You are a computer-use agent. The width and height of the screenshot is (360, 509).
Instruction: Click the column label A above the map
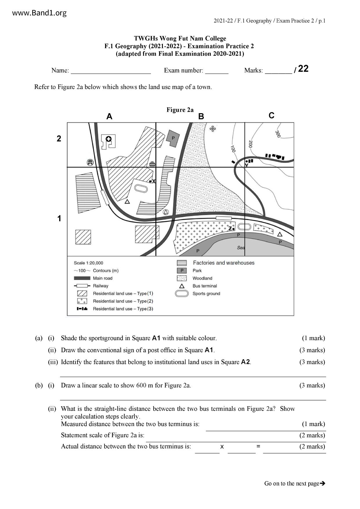(x=109, y=117)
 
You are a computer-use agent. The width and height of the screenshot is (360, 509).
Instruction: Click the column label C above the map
(x=271, y=115)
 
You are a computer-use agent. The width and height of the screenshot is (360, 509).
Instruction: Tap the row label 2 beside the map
(x=59, y=139)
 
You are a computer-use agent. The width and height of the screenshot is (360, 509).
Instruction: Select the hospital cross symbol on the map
(x=109, y=139)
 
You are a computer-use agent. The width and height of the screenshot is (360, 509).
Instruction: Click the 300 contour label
(x=278, y=134)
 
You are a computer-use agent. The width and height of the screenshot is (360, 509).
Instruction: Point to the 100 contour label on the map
(x=233, y=149)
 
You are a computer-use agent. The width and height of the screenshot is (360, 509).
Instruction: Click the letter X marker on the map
(x=154, y=181)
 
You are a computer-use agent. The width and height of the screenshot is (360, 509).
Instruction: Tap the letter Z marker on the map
(x=230, y=228)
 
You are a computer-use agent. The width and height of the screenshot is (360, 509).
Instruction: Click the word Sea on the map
(x=241, y=248)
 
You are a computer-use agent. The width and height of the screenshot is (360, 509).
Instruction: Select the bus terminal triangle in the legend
(x=182, y=286)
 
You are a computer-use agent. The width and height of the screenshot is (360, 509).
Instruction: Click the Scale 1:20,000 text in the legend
(x=89, y=263)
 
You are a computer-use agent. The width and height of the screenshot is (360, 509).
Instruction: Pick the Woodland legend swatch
(x=182, y=278)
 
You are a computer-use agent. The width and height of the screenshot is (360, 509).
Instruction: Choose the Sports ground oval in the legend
(x=182, y=294)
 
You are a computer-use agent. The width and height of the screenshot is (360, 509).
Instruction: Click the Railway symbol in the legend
(x=82, y=286)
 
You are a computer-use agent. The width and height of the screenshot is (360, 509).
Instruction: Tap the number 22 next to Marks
(x=303, y=69)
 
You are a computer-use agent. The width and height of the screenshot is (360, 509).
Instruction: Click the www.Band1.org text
(x=39, y=13)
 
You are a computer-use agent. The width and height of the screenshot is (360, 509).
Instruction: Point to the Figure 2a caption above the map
(x=180, y=110)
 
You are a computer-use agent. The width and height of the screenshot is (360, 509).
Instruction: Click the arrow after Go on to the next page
(x=322, y=483)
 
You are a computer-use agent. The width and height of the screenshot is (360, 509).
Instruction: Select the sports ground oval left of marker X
(x=141, y=188)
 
